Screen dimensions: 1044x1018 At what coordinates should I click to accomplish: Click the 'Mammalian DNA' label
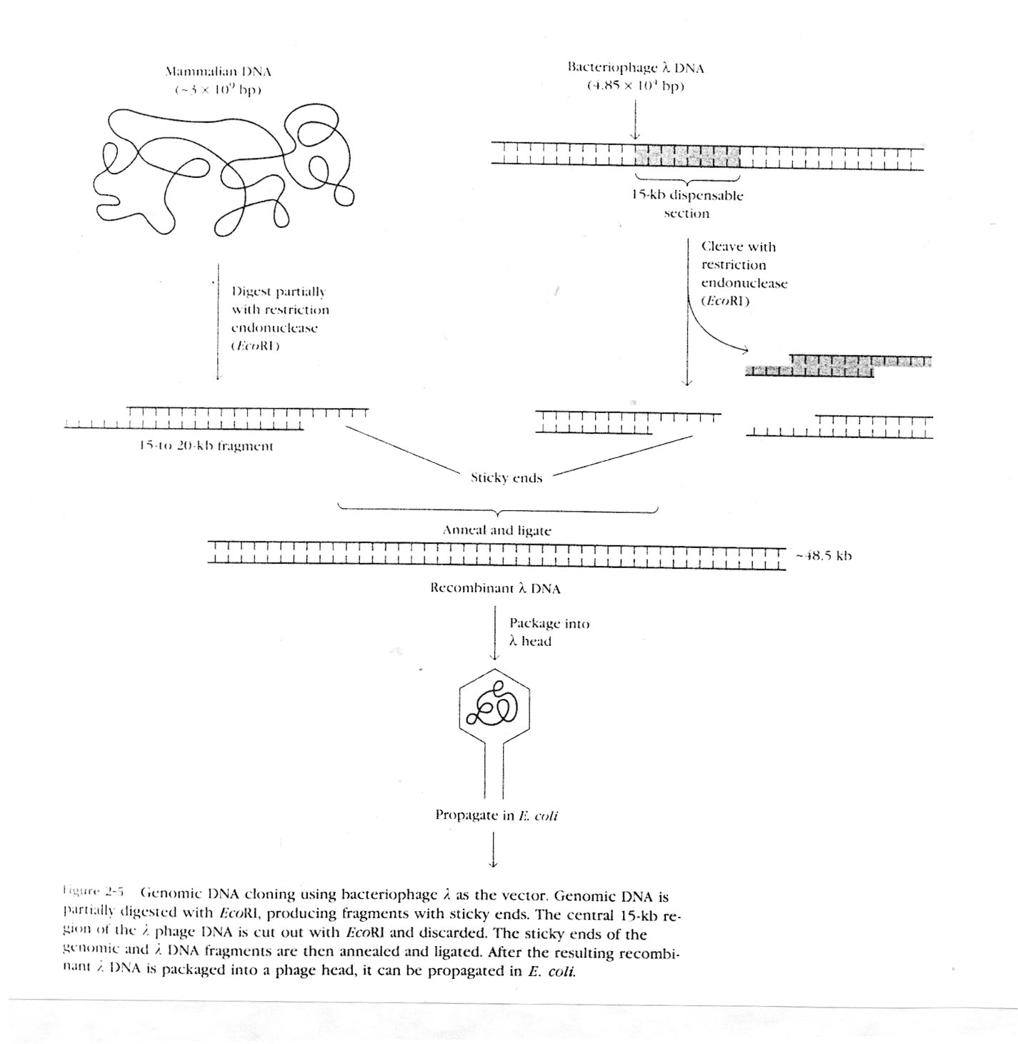pyautogui.click(x=218, y=72)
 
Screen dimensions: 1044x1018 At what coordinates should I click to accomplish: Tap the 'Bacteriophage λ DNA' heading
pyautogui.click(x=635, y=69)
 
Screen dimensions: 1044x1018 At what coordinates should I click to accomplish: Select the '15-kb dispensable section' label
pyautogui.click(x=687, y=204)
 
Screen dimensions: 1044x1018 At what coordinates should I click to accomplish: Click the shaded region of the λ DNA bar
pyautogui.click(x=687, y=155)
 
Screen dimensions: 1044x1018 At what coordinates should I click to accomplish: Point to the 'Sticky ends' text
pyautogui.click(x=506, y=478)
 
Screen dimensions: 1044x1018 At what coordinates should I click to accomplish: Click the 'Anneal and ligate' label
pyautogui.click(x=496, y=531)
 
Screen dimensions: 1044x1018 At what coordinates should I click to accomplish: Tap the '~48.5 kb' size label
pyautogui.click(x=824, y=556)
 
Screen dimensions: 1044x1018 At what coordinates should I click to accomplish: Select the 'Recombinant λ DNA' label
pyautogui.click(x=495, y=589)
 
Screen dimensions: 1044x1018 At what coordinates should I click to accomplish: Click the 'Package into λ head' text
pyautogui.click(x=549, y=632)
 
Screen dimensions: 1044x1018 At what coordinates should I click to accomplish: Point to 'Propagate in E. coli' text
pyautogui.click(x=496, y=815)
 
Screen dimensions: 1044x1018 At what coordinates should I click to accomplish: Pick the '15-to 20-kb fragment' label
pyautogui.click(x=206, y=447)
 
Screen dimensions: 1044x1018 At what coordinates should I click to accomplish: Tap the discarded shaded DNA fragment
pyautogui.click(x=837, y=365)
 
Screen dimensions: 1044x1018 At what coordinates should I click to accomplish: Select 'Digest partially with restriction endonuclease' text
pyautogui.click(x=279, y=319)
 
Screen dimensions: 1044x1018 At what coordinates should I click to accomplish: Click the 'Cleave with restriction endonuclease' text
pyautogui.click(x=743, y=274)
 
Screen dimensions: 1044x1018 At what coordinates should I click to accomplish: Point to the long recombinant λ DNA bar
pyautogui.click(x=496, y=555)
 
